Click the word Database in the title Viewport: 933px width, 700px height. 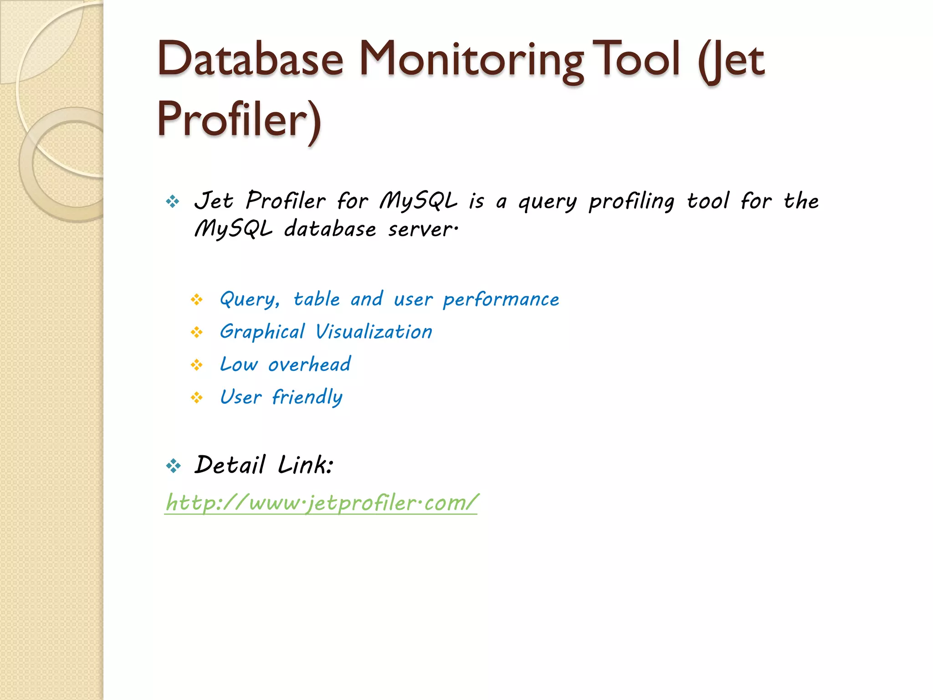250,59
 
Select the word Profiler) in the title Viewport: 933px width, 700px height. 240,120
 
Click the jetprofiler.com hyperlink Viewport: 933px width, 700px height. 321,503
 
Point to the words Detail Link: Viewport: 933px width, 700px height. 264,465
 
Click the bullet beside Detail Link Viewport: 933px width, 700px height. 173,466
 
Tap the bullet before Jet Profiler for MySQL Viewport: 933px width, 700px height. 173,201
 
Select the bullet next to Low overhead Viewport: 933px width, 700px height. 197,365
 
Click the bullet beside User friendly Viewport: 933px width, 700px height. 197,398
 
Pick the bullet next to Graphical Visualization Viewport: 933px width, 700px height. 197,332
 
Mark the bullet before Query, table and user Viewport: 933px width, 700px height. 197,299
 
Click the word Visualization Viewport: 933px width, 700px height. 374,332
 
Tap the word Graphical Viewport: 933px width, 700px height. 262,332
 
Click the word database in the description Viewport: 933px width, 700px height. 330,229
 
